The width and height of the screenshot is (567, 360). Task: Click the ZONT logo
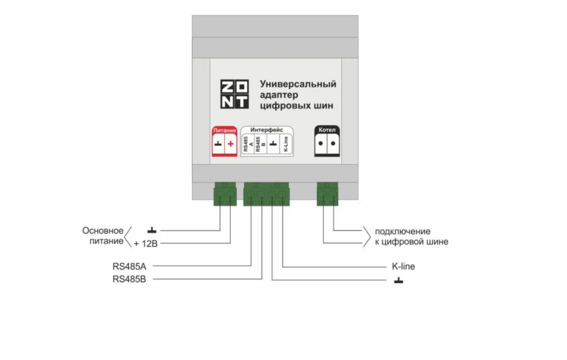click(x=234, y=94)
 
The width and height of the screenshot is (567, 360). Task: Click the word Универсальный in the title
click(x=298, y=84)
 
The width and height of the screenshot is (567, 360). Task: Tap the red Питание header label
click(x=224, y=130)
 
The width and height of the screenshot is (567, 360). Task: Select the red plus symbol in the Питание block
click(x=231, y=144)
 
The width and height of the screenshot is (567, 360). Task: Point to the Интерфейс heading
click(x=266, y=130)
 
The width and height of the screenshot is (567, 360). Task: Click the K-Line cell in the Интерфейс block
click(x=286, y=144)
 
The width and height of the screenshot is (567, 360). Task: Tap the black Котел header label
click(x=327, y=130)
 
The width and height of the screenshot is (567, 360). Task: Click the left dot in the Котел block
click(x=321, y=143)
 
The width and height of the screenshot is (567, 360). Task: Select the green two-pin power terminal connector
click(x=225, y=194)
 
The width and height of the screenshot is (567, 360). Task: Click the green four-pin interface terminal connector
click(x=266, y=194)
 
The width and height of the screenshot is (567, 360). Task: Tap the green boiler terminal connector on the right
click(x=327, y=194)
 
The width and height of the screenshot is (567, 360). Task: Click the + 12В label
click(x=145, y=244)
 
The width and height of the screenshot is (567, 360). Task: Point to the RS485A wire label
click(x=129, y=266)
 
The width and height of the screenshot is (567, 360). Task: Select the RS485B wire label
click(x=129, y=279)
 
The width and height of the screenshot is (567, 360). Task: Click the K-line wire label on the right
click(x=403, y=266)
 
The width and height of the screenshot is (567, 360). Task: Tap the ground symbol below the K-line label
click(x=399, y=281)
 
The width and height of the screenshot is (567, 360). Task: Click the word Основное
click(x=103, y=231)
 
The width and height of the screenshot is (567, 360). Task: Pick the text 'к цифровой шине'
click(x=411, y=242)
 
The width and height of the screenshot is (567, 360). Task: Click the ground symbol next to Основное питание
click(x=152, y=230)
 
